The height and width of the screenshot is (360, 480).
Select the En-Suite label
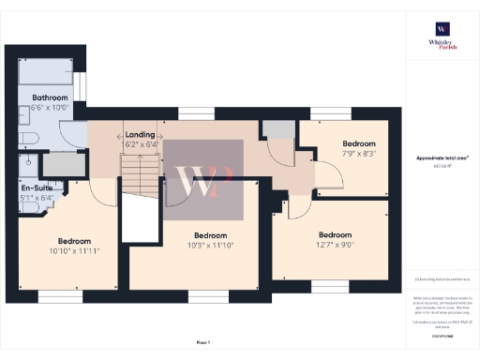pos(36,187)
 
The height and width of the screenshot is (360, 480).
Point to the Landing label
pos(140,136)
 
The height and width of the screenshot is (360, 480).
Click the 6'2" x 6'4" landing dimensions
pos(140,145)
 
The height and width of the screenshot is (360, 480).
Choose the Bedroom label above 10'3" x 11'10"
pos(210,235)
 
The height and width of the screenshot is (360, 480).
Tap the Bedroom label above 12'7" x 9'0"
pos(335,234)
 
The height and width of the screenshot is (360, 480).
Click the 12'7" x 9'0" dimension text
pos(335,245)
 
